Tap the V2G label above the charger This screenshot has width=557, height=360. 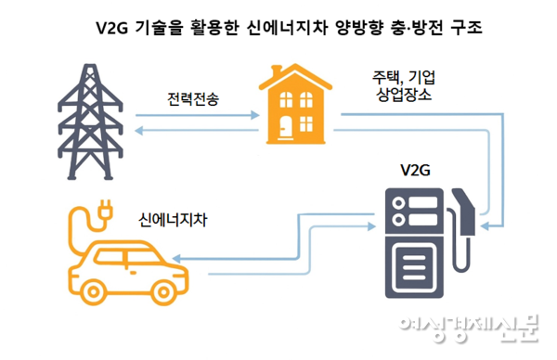point(417,171)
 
